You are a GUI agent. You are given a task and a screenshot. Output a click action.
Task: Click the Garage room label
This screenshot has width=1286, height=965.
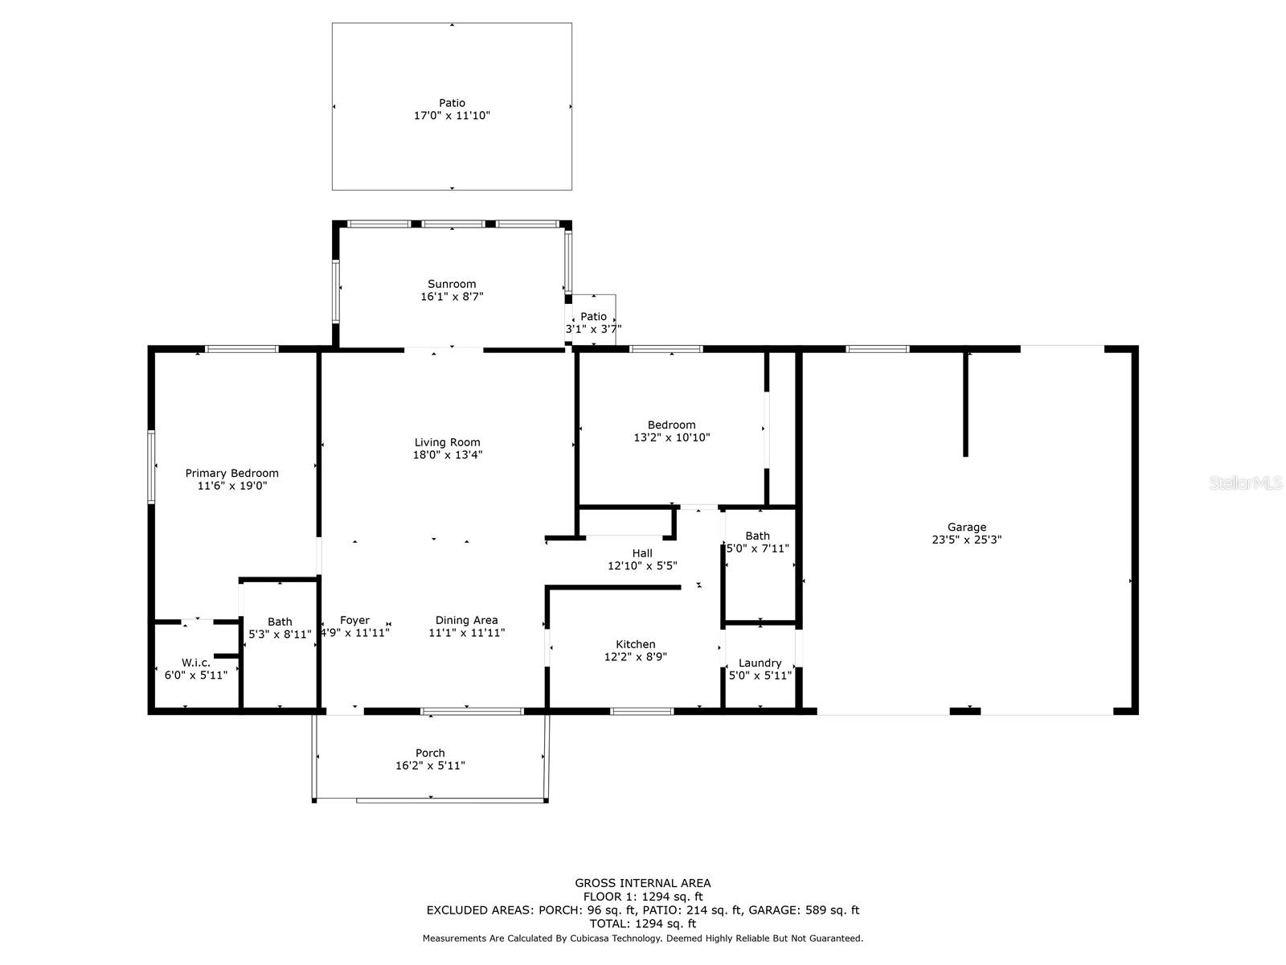coord(967,528)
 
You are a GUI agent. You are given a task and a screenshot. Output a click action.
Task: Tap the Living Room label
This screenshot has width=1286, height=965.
coord(447,442)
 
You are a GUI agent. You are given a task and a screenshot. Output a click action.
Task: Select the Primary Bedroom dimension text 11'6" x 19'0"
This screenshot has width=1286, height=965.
coord(232,486)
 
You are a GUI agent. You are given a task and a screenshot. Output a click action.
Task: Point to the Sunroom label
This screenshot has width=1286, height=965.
coord(452,284)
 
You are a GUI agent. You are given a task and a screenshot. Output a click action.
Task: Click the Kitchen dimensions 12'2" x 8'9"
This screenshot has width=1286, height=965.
coord(636,657)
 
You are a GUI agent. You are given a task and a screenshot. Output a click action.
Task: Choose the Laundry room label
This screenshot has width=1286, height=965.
coord(760,663)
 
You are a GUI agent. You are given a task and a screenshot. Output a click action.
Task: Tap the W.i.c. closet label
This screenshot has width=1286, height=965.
coord(195,663)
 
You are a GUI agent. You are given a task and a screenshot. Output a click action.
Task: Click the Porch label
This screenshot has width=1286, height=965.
coord(430,753)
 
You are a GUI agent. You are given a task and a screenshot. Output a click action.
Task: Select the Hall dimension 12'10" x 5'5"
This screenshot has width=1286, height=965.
coord(642,566)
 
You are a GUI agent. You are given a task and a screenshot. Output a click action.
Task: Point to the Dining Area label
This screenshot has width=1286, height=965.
coord(466,620)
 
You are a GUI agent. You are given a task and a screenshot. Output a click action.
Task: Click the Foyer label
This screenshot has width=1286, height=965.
coord(354,620)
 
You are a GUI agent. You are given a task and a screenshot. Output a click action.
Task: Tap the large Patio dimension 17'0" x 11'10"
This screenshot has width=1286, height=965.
coord(452,116)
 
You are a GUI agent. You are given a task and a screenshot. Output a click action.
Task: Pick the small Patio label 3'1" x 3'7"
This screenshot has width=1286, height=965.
coord(593,322)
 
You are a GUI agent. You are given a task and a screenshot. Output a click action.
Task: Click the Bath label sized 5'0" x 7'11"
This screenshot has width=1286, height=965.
coord(758,542)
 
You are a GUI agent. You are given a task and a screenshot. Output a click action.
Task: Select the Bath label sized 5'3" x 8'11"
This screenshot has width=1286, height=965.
coord(280,627)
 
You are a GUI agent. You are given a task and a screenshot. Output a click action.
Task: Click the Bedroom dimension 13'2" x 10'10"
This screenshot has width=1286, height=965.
coord(671,437)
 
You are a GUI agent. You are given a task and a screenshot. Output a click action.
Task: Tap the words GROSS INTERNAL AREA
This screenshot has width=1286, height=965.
coord(643,883)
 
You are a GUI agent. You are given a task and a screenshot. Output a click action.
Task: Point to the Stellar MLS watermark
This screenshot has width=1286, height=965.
coord(1246,482)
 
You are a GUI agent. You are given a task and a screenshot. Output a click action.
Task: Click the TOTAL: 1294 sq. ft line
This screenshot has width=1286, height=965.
coord(643,924)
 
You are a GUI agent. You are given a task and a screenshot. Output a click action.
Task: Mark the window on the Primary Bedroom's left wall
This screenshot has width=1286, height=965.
coord(151,467)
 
